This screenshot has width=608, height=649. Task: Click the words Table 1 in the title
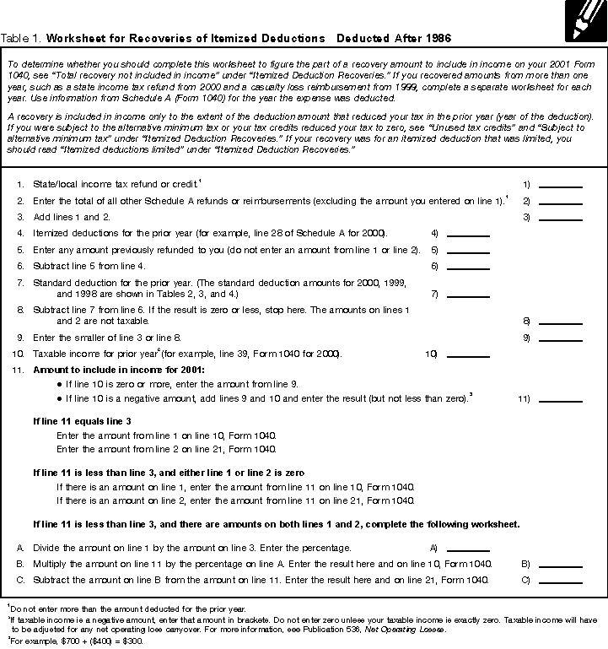21,39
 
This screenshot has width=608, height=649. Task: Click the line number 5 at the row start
19,250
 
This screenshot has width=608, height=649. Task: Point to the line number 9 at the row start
19,338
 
